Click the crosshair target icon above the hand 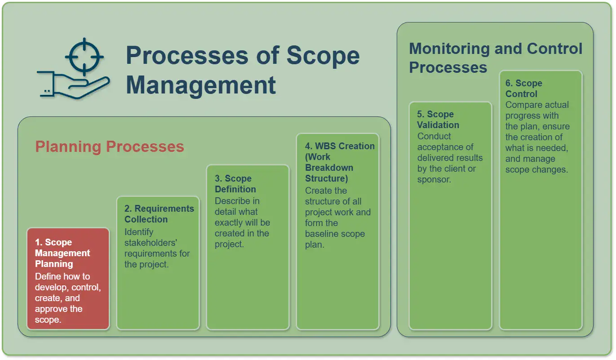coord(84,57)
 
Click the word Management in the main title coord(201,85)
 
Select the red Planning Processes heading coord(110,147)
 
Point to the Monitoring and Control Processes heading coord(496,58)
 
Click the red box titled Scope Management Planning coord(68,279)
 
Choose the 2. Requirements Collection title coord(159,214)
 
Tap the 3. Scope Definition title coord(235,184)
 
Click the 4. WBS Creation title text coord(340,162)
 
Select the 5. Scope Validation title coord(438,120)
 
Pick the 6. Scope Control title coord(523,89)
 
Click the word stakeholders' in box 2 coord(151,243)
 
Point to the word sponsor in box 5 coord(434,180)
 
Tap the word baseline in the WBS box coord(322,234)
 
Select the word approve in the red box coord(51,309)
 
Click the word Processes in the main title coord(187,55)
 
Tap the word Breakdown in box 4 coord(329,168)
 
